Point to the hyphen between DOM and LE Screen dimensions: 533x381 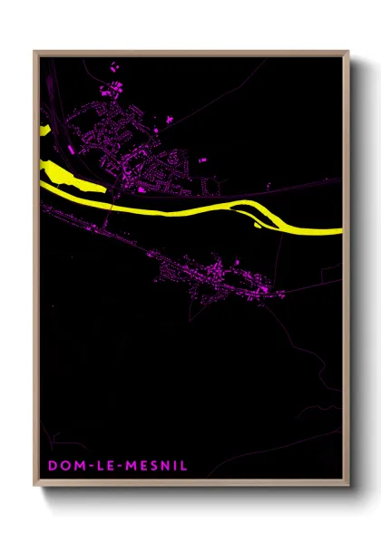tap(83, 465)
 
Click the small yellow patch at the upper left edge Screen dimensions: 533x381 tap(44, 129)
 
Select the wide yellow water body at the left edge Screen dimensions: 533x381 tap(59, 171)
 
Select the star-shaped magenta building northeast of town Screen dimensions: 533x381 tap(169, 118)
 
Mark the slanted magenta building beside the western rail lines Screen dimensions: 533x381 tap(70, 148)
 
